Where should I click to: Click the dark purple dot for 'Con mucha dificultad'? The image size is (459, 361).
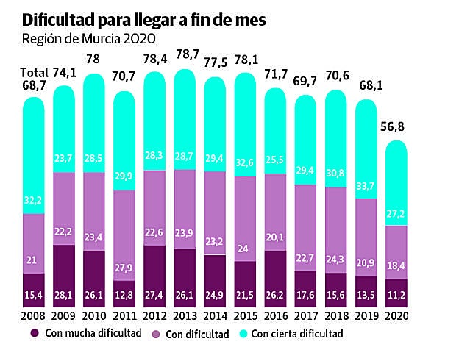tap(35, 333)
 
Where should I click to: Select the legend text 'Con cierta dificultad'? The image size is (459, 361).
tap(298, 334)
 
